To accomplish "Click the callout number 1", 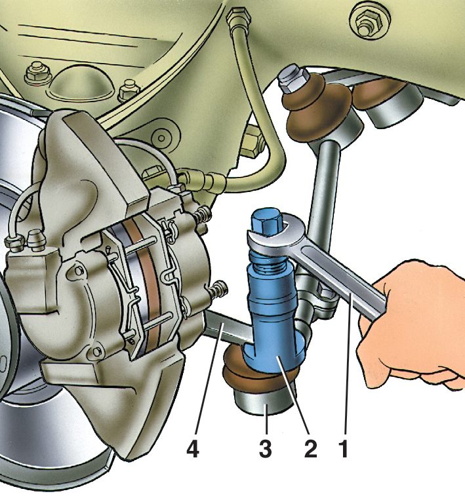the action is [344, 449].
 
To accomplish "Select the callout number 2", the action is [310, 449].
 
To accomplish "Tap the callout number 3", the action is [266, 449].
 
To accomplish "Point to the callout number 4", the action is [193, 449].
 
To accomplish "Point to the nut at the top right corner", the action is [367, 23].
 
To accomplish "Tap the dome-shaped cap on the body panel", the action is [81, 83].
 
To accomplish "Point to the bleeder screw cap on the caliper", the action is [36, 239].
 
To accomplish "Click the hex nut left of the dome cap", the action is [35, 74].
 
